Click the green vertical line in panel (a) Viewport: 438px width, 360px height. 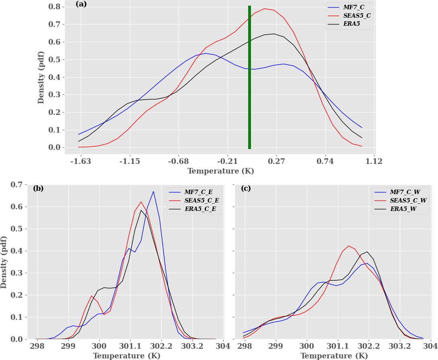(249, 77)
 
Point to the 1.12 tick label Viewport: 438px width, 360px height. (374, 162)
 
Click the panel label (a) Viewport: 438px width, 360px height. (81, 4)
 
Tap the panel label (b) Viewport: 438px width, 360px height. (38, 188)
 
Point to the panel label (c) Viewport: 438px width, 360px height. (246, 188)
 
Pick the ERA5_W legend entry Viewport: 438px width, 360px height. (404, 208)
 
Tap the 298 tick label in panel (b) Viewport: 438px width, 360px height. (37, 346)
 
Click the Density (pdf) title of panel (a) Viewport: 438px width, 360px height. (41, 77)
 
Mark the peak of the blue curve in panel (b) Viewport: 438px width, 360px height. (153, 191)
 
